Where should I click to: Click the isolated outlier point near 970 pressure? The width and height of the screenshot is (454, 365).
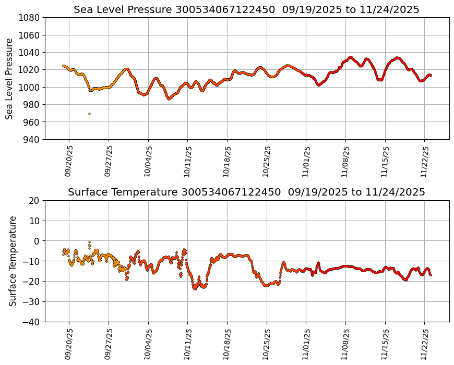[x=89, y=114]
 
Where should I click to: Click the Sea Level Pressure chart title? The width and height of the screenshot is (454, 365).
[x=246, y=10]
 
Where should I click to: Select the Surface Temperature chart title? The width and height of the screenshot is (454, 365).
[x=246, y=192]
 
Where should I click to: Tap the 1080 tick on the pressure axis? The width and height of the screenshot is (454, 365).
[x=30, y=18]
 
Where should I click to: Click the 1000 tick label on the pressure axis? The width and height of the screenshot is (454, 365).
[x=30, y=87]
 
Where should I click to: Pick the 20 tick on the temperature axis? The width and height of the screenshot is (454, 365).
[x=35, y=200]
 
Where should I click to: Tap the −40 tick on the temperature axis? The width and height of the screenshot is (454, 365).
[x=32, y=322]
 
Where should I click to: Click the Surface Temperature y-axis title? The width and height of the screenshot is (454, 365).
[x=13, y=261]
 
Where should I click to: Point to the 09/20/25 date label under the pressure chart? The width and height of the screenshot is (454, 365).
[x=69, y=161]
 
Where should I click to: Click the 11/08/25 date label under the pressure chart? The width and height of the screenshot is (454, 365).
[x=345, y=161]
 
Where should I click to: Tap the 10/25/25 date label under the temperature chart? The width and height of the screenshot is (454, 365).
[x=267, y=344]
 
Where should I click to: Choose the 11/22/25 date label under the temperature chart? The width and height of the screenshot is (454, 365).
[x=424, y=344]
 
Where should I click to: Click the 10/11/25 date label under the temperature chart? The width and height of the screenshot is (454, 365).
[x=187, y=344]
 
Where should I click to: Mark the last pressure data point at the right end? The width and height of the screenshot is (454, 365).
[x=431, y=76]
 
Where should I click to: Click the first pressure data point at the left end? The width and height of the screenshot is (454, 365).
[x=63, y=66]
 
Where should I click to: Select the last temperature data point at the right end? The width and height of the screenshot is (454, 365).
[x=431, y=275]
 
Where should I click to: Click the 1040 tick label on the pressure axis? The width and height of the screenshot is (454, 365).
[x=30, y=52]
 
